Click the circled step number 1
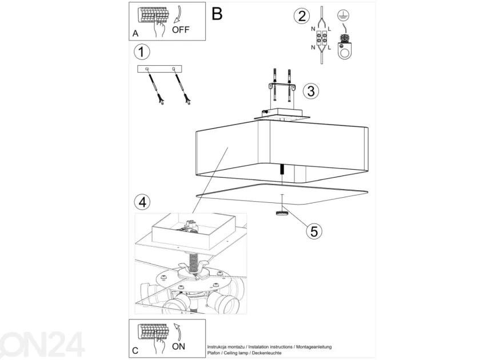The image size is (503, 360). (142, 52)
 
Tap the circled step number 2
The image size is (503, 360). (302, 16)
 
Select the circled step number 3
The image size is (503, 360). (311, 91)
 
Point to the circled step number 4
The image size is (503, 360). (142, 202)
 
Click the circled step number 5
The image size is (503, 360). (314, 231)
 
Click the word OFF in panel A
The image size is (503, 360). (181, 30)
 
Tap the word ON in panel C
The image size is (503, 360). (179, 346)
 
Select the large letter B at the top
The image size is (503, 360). (217, 14)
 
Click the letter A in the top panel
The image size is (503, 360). (135, 33)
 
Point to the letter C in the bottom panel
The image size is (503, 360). (135, 350)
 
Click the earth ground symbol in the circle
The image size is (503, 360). (344, 15)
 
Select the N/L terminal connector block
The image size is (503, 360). (321, 38)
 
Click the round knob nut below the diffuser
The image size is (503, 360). (282, 213)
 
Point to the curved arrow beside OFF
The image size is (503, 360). (177, 14)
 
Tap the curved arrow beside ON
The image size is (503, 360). (177, 331)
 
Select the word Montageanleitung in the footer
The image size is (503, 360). (314, 347)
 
